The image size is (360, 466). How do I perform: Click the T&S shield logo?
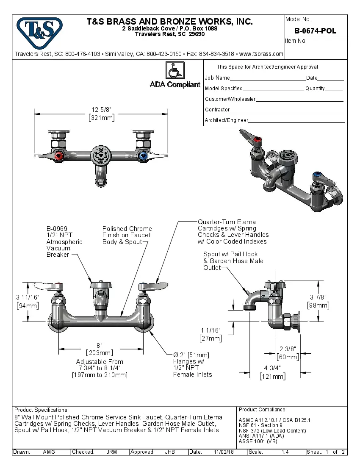[39, 33]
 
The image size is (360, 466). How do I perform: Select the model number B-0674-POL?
[315, 31]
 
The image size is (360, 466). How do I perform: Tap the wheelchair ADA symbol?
[174, 70]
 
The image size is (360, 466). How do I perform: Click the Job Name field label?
[217, 78]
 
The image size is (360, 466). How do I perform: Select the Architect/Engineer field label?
[226, 120]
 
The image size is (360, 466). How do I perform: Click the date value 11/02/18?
[224, 452]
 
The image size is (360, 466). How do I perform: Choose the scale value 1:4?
[285, 452]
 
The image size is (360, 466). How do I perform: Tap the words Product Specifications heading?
[41, 410]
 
